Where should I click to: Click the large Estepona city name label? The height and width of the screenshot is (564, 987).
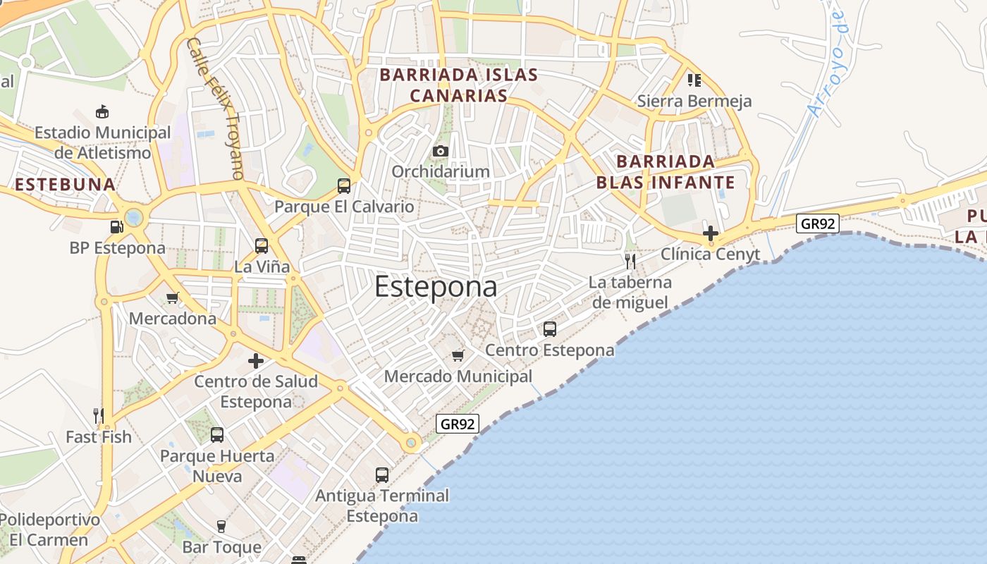point(436,287)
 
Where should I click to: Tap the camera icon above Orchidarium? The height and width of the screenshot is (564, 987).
point(441,151)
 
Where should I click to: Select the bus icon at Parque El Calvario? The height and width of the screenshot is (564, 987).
point(344,186)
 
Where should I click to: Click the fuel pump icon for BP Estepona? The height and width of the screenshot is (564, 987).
point(116,227)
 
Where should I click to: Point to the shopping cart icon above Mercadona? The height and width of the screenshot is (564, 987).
point(172,298)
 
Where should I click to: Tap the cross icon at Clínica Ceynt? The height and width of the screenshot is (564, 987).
point(711,233)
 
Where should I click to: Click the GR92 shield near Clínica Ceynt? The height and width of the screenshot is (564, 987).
point(818,223)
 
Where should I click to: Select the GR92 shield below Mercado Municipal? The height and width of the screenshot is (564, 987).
point(458,424)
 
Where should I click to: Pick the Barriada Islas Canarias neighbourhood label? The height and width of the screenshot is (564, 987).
point(459,85)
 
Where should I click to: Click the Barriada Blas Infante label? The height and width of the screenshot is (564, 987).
point(666,172)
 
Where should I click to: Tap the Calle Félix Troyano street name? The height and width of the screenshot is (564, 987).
point(216,107)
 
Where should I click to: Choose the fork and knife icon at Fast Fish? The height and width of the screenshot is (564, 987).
point(99,416)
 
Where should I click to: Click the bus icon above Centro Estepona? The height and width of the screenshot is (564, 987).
point(550,329)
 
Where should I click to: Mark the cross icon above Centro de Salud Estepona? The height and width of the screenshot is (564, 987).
point(256,361)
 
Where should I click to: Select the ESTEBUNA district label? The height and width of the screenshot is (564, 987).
point(65,185)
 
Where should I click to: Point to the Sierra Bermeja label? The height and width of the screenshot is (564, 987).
point(694,101)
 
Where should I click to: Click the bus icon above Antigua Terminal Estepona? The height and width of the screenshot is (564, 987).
point(382,475)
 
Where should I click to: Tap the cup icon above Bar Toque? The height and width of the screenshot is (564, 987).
point(221,527)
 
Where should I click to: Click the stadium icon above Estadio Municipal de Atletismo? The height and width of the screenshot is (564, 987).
point(102,111)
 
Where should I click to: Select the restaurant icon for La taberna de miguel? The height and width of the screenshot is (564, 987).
point(630,262)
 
